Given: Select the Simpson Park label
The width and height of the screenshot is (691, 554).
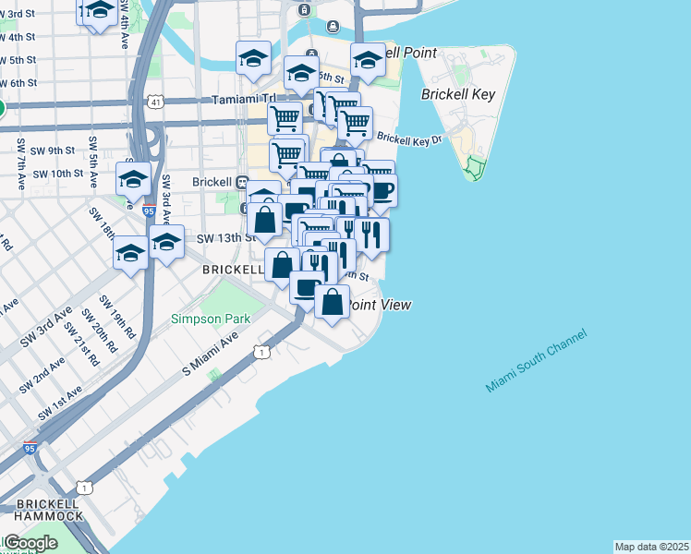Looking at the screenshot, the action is pos(198,319).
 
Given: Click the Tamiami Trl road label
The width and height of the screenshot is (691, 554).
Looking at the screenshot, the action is pos(244,100).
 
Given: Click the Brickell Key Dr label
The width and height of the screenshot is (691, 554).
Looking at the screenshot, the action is pos(410,139).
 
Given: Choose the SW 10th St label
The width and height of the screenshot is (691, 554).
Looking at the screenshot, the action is pos(57,174).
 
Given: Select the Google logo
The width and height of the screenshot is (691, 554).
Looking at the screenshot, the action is pos(30,543).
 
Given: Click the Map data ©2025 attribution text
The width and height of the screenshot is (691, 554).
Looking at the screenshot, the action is pos(652,547).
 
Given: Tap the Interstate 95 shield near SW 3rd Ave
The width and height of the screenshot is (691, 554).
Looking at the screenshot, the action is pos(149,211).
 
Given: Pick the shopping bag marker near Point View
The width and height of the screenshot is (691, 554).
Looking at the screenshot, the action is pos(333,301).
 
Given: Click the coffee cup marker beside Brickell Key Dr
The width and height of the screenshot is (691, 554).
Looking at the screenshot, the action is pos(381,191).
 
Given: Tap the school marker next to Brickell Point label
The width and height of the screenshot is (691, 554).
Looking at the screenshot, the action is pos(369,61).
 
